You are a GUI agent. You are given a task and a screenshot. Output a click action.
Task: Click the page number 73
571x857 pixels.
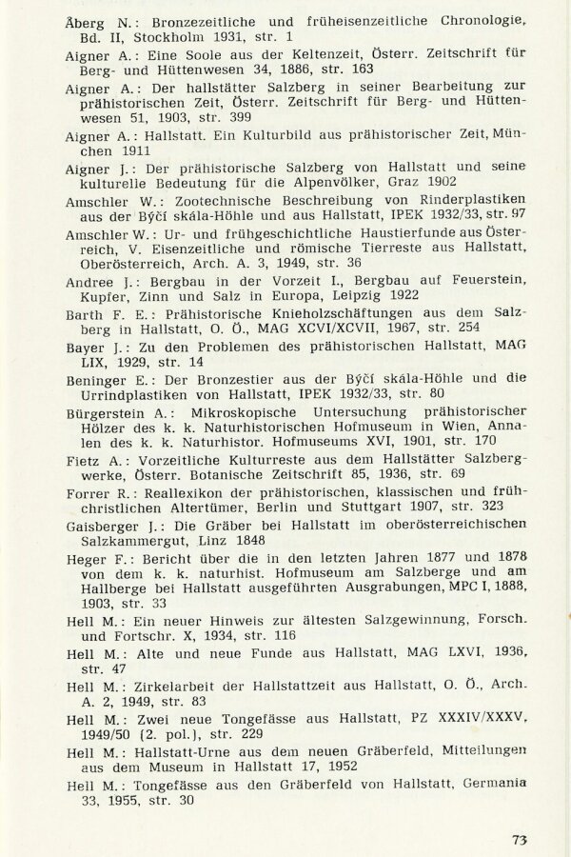point(519,839)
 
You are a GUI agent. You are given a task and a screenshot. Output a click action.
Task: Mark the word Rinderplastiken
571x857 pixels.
point(459,202)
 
